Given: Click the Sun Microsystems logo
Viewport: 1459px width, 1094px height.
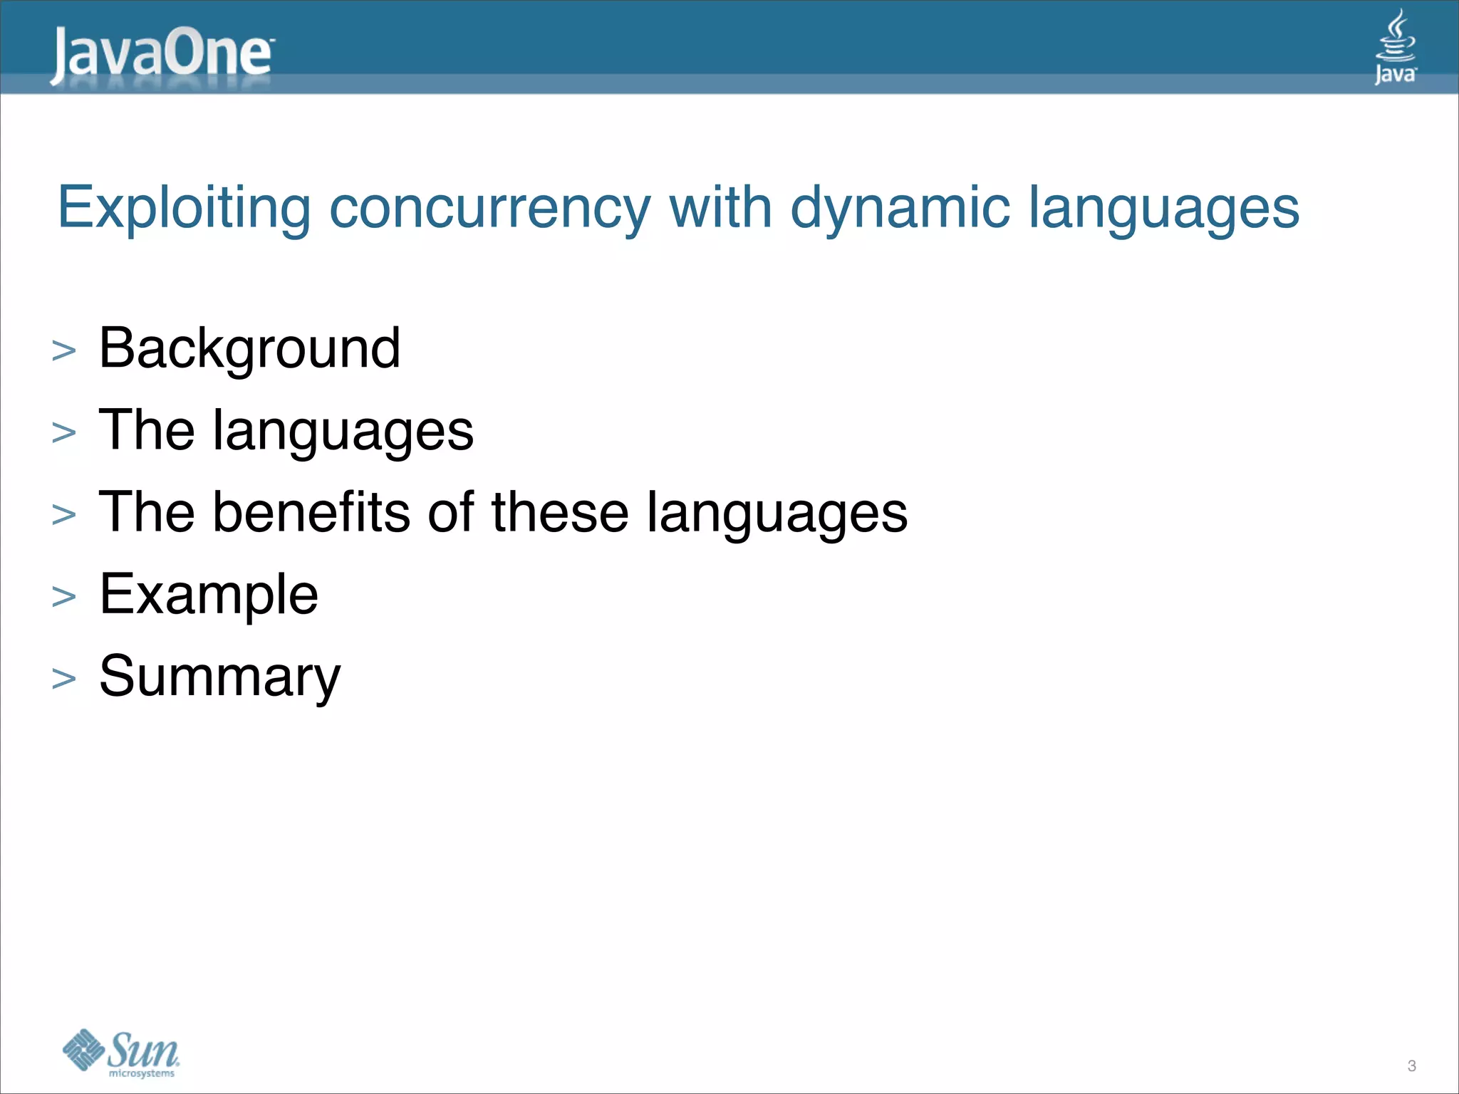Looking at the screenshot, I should click(x=121, y=1052).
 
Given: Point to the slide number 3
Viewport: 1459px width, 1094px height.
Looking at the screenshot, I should click(x=1411, y=1066).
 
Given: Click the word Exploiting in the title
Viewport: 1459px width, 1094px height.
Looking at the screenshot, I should click(x=184, y=209).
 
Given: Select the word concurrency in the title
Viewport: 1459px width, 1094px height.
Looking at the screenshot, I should click(x=489, y=209).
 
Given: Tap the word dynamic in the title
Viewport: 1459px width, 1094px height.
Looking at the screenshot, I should click(x=900, y=209).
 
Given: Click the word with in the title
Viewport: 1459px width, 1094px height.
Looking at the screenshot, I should click(x=720, y=209).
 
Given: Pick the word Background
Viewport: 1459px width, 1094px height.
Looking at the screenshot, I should click(x=249, y=348).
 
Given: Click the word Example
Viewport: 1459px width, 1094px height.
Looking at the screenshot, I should click(x=209, y=594).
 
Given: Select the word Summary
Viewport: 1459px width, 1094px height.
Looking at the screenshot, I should click(x=219, y=677).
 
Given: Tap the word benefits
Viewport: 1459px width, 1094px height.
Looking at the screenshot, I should click(x=311, y=512).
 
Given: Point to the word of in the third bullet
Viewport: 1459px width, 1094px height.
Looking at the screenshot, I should click(x=450, y=512).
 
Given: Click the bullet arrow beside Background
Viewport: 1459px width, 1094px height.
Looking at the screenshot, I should click(x=64, y=351).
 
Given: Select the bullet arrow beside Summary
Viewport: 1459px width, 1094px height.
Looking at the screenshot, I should click(x=64, y=679).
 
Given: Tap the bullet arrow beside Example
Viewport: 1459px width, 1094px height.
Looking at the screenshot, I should click(x=64, y=597).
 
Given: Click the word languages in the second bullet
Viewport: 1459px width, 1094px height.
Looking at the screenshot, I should click(x=343, y=431).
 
